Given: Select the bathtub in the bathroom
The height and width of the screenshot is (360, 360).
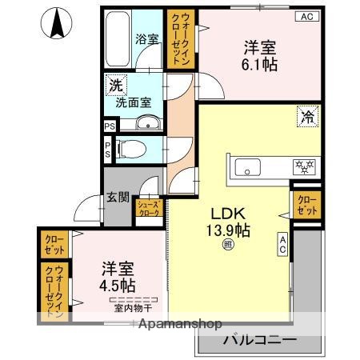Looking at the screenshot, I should click(x=117, y=40).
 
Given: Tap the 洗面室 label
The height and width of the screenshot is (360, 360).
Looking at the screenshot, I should click(x=131, y=102).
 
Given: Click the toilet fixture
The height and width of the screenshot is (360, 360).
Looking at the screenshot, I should click(x=131, y=149).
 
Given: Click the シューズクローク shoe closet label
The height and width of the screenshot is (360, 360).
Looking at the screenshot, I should click(x=150, y=210).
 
